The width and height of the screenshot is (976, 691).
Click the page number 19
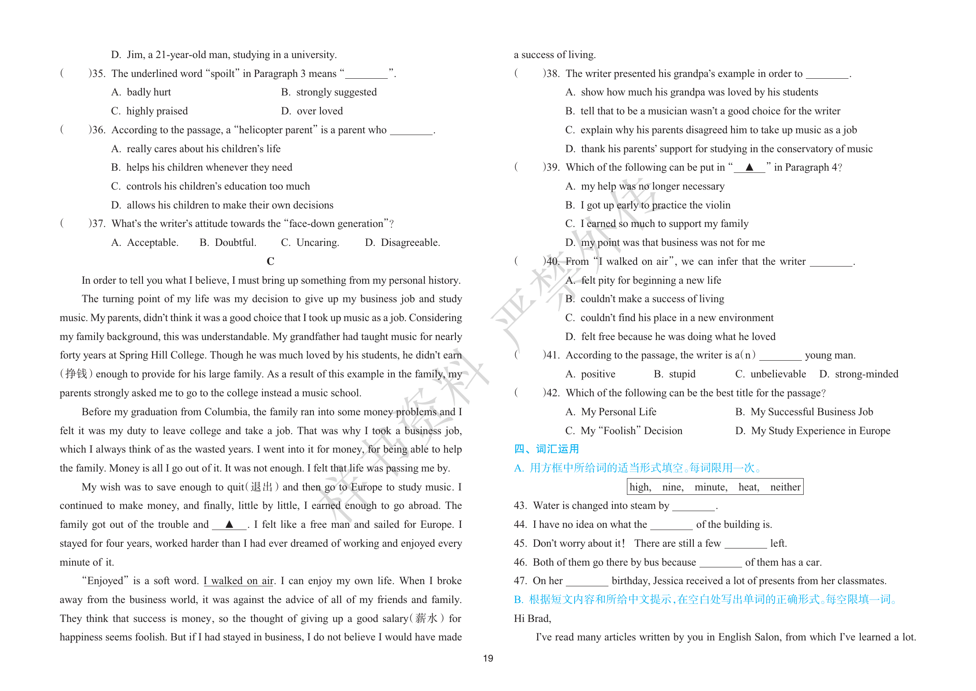coord(488,658)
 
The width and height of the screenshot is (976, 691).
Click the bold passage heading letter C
coord(270,261)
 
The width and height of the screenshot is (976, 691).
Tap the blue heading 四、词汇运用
coord(546,449)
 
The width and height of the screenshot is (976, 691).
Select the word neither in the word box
coord(785,487)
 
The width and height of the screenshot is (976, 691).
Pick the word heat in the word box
coord(749,487)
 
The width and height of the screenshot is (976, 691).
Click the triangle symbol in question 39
coord(750,167)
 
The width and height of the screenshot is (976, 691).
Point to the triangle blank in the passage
coord(229,524)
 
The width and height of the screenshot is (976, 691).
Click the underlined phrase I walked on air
coord(239,581)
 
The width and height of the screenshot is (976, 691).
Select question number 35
coord(98,73)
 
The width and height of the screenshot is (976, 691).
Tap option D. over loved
coord(312,111)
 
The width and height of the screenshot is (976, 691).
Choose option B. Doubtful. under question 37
coord(228,242)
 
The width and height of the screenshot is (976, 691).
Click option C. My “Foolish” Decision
coord(624,431)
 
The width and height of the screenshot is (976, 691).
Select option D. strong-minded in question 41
coord(859,374)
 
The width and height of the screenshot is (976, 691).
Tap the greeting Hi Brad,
coord(532,618)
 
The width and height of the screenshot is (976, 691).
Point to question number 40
coord(552,261)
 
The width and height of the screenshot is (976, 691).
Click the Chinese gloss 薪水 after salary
coord(426,618)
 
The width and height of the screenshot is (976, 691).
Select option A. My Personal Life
coord(611,412)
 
